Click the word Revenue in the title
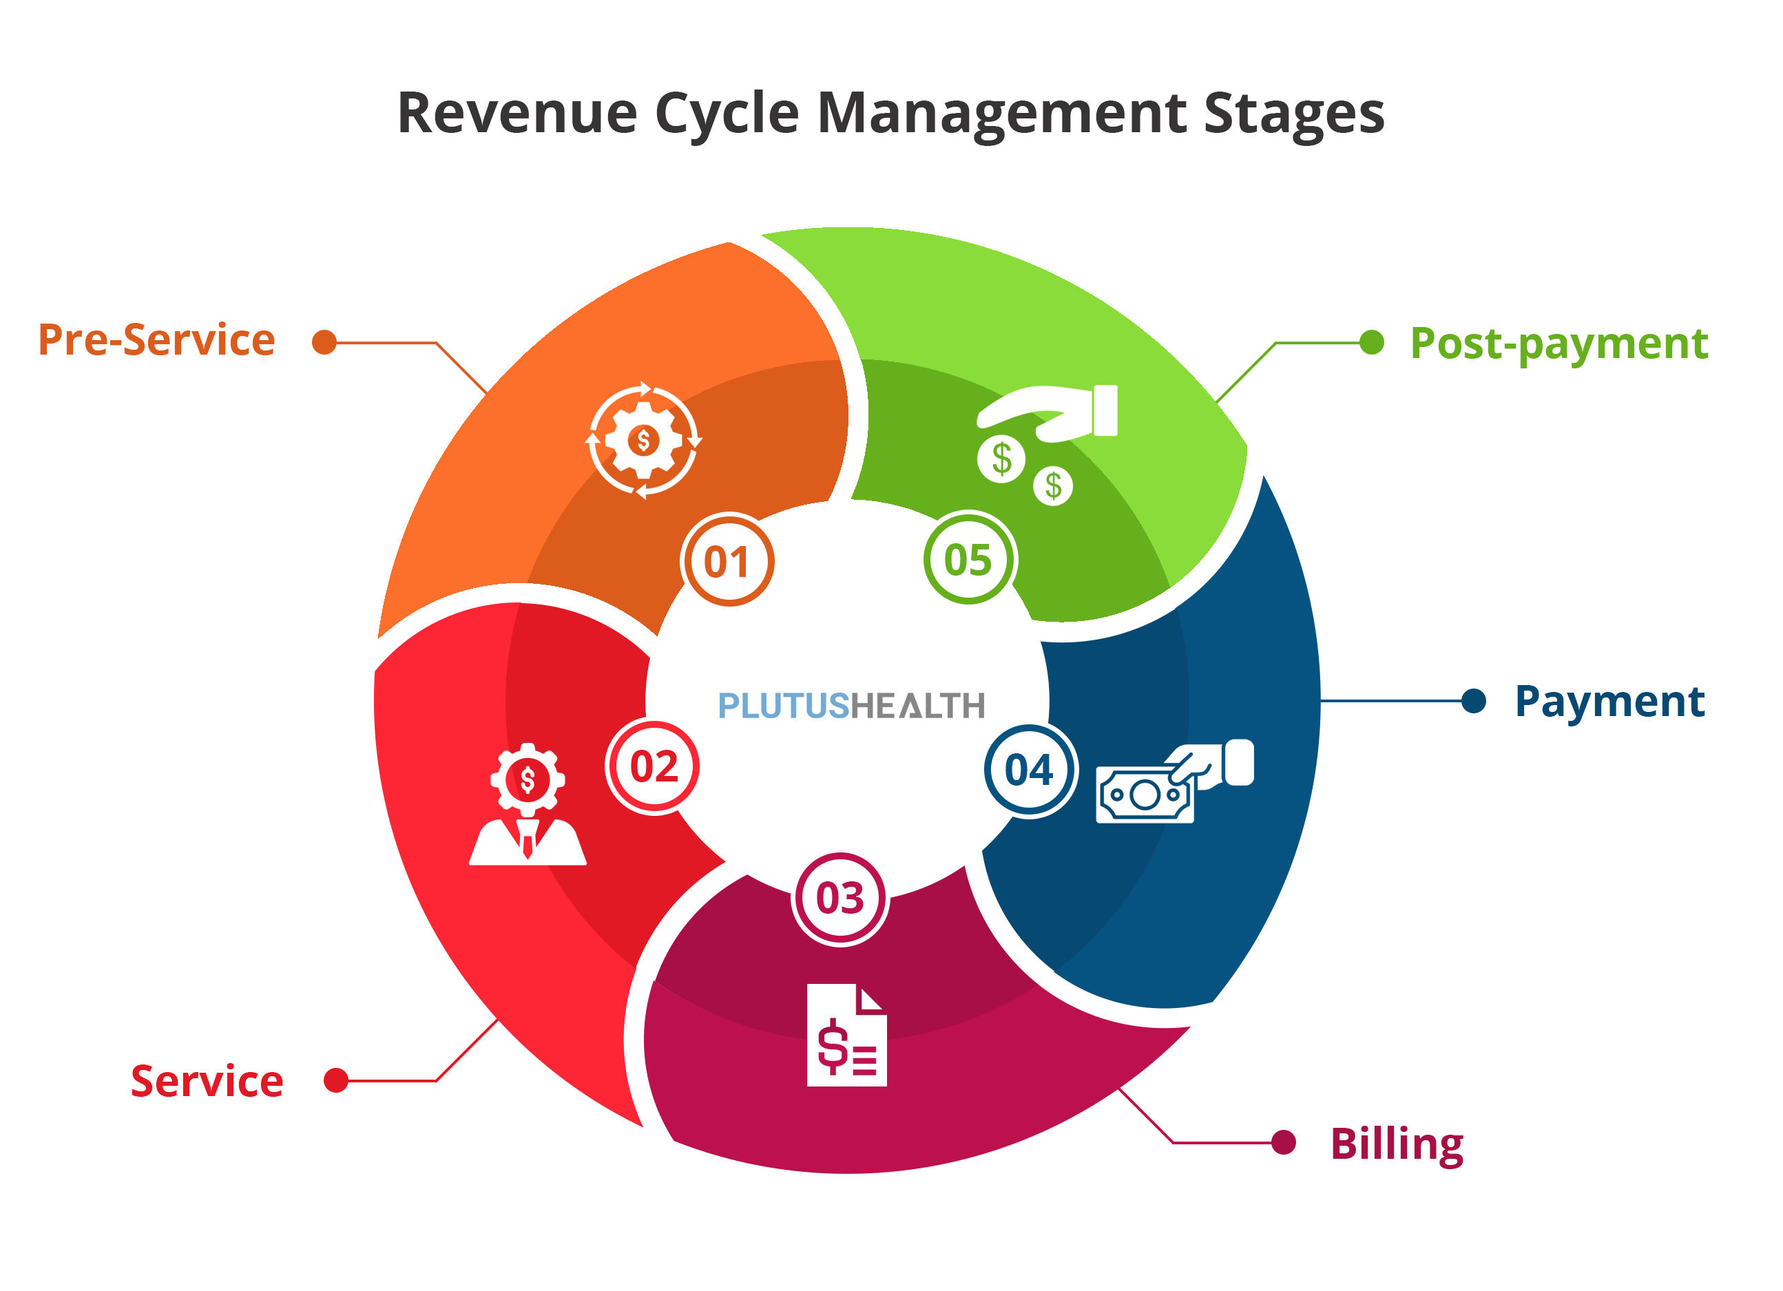coord(517,114)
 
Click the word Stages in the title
coord(1293,114)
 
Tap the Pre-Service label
coord(156,341)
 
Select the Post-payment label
coord(1558,344)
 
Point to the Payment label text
coord(1609,702)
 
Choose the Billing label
coord(1396,1144)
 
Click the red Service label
coord(207,1082)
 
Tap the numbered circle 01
coord(728,561)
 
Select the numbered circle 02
coord(654,768)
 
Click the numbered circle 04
coord(1029,770)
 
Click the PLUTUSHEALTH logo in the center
coord(851,706)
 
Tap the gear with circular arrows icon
coord(644,441)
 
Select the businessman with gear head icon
coord(528,806)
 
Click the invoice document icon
coord(846,1036)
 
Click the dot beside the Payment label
coord(1473,701)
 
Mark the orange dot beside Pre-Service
coord(324,343)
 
